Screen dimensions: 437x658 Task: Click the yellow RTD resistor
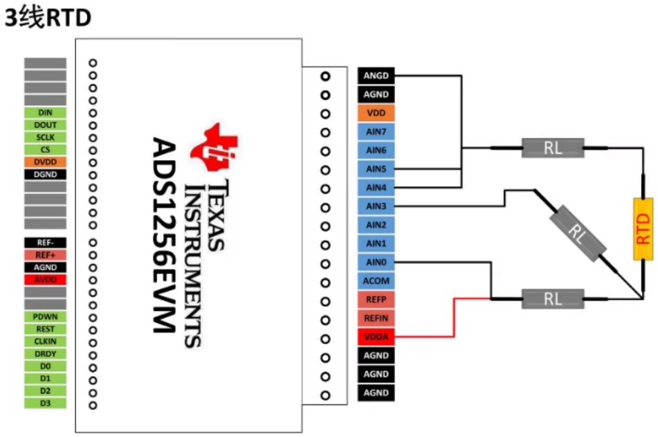click(x=643, y=229)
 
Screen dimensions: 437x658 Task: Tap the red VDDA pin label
click(x=376, y=337)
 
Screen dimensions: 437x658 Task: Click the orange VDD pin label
click(x=376, y=113)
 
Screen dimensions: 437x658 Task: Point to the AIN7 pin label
click(x=376, y=132)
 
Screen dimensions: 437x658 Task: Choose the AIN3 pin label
click(x=376, y=206)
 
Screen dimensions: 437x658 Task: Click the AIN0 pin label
click(x=376, y=262)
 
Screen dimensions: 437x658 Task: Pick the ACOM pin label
click(x=376, y=281)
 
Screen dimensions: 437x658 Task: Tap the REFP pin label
click(x=376, y=300)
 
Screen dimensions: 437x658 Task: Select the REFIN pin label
click(x=376, y=318)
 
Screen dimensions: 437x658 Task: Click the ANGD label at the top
click(x=376, y=75)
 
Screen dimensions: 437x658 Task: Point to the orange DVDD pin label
click(x=46, y=162)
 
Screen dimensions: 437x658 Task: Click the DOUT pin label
click(x=46, y=125)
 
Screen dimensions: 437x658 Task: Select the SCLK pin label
click(x=46, y=137)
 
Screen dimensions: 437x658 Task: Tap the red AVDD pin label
click(x=46, y=280)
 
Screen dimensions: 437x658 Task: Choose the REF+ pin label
click(x=46, y=255)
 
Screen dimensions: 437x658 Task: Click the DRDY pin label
click(x=46, y=354)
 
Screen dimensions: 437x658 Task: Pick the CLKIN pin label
click(x=46, y=341)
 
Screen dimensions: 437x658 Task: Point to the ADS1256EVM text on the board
click(x=165, y=235)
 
